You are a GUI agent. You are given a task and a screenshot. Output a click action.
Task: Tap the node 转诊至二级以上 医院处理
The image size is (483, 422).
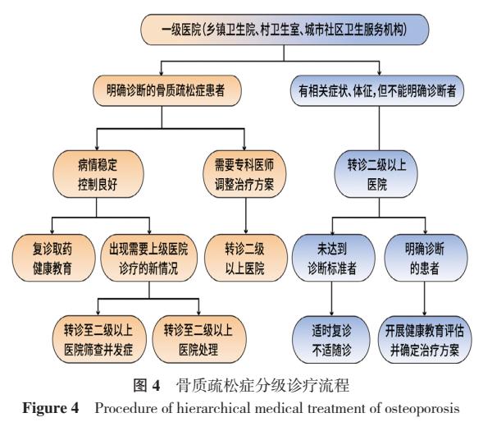pyautogui.click(x=197, y=337)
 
